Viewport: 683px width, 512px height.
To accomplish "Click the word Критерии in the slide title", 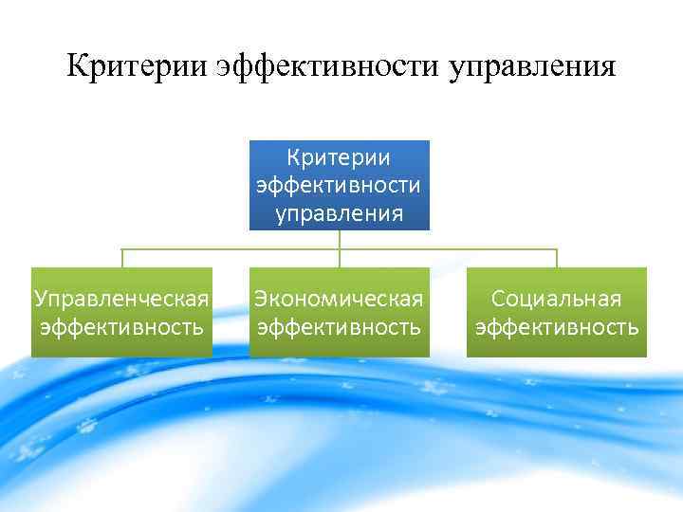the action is coord(137,67).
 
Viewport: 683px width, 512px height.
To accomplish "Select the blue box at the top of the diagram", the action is coord(339,185).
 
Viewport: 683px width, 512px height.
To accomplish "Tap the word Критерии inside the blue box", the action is coord(339,157).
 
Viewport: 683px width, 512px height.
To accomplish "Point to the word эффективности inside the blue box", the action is coord(339,185).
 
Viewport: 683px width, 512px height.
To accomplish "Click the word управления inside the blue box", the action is coord(339,212).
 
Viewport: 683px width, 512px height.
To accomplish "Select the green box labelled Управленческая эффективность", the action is coord(121,312).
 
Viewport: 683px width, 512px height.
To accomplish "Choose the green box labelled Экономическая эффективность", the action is coord(339,312).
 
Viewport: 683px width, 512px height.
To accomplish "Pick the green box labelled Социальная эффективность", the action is coord(557,312).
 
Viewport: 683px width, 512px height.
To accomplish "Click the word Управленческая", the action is coord(121,300).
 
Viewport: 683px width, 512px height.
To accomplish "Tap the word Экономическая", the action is coord(339,300).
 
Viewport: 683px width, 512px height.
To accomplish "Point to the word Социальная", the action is coord(557,300).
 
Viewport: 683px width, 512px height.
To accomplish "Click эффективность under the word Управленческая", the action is coord(121,328).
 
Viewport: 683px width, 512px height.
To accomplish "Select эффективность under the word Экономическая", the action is coord(339,328).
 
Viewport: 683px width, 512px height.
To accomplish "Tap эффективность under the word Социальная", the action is coord(557,328).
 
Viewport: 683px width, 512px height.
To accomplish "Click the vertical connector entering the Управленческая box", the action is coord(121,258).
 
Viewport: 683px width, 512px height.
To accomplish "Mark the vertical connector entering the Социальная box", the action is coord(557,258).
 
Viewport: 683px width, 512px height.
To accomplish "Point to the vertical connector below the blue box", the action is coord(340,240).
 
